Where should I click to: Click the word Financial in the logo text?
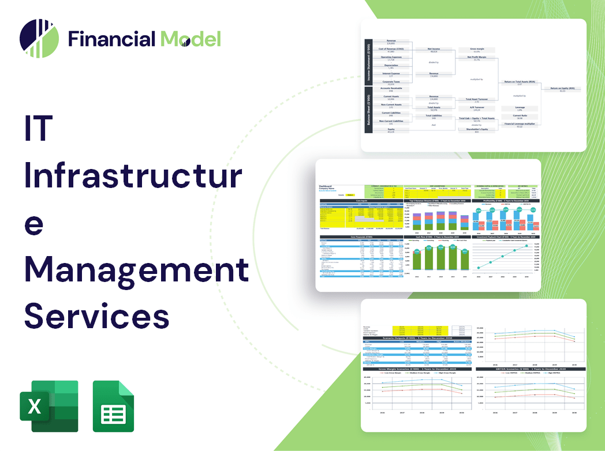(x=111, y=39)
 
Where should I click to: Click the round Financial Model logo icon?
(x=39, y=39)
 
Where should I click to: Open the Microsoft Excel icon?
(x=49, y=406)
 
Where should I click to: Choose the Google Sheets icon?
(x=114, y=406)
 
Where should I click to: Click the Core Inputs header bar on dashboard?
(x=361, y=201)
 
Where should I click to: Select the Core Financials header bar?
(x=361, y=236)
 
